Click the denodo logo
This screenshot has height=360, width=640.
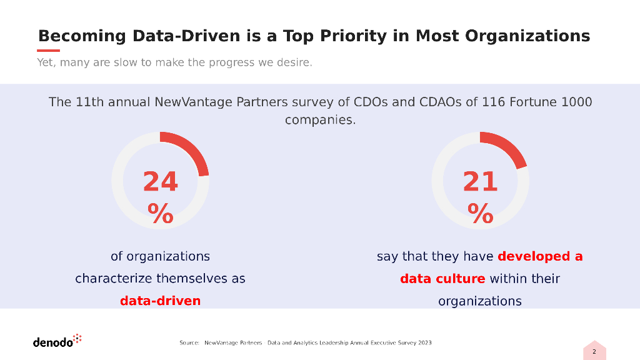click(57, 341)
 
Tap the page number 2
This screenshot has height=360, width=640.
click(594, 352)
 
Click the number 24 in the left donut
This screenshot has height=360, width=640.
click(161, 182)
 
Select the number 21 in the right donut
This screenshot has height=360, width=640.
click(480, 182)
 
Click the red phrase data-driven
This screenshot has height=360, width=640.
click(160, 301)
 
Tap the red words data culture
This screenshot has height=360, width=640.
click(442, 279)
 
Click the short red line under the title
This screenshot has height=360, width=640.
click(49, 51)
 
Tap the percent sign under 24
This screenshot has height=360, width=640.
click(161, 214)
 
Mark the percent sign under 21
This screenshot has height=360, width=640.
click(480, 214)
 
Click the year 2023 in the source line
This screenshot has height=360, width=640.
click(424, 343)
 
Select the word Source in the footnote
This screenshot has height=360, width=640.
click(189, 343)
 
